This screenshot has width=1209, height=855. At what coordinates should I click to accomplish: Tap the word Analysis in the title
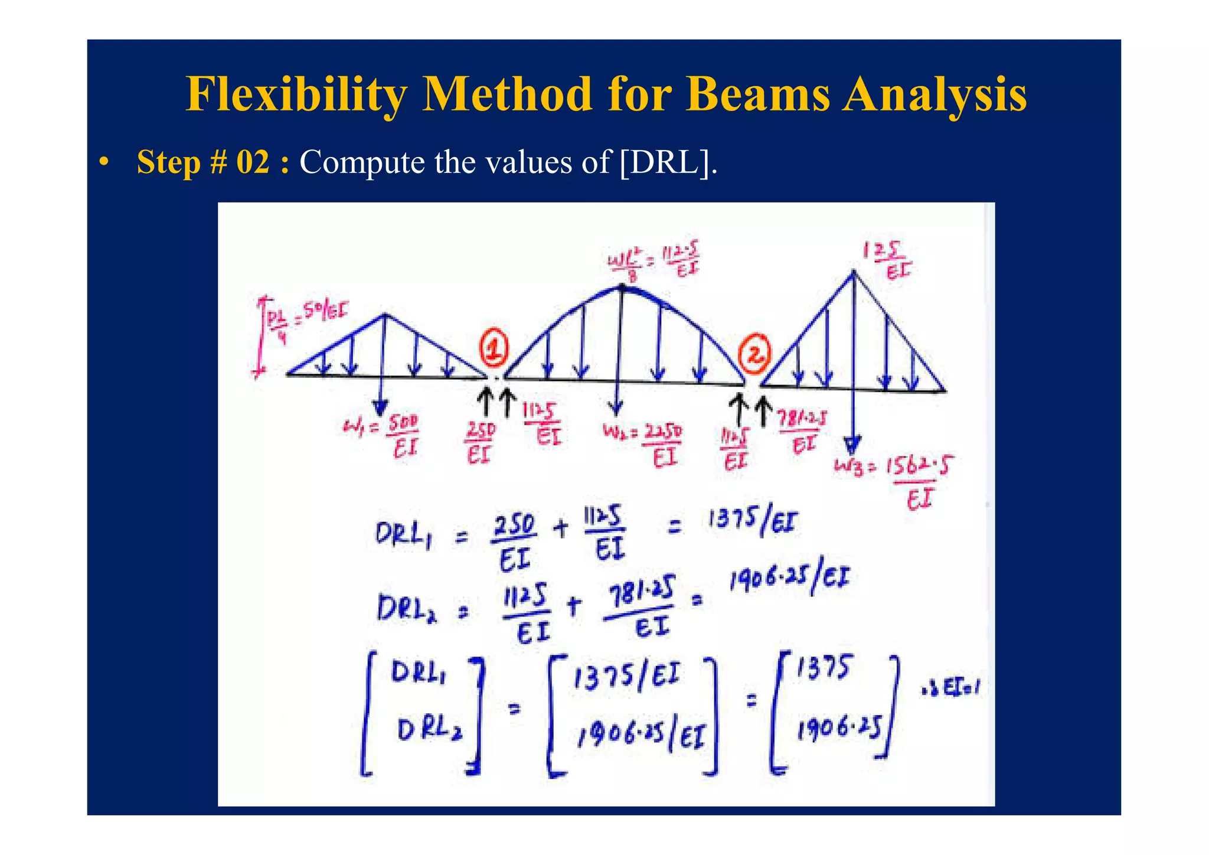[934, 94]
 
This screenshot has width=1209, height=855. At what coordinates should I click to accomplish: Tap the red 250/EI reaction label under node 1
[479, 442]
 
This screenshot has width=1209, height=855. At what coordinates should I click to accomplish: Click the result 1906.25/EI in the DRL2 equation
[789, 579]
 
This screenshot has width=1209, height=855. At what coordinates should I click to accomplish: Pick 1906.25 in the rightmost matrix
[838, 729]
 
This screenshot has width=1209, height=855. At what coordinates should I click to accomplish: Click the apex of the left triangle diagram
[385, 315]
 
